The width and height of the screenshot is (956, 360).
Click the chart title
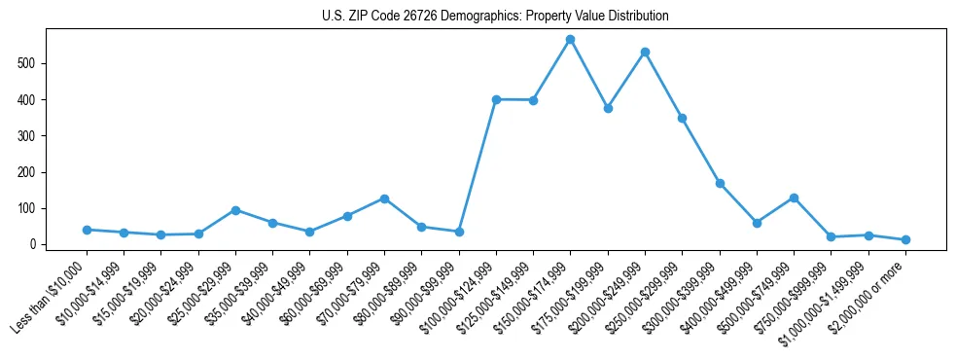[x=495, y=17]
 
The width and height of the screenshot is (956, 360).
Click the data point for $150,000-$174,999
[x=571, y=40]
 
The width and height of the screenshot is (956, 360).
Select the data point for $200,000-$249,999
[x=645, y=52]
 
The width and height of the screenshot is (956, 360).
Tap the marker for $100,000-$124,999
[x=496, y=99]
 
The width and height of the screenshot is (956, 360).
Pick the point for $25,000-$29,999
[x=235, y=210]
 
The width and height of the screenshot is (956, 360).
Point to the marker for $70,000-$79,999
[x=384, y=198]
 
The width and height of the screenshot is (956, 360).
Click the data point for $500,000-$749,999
[x=794, y=198]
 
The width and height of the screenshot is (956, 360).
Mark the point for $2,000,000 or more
[x=905, y=239]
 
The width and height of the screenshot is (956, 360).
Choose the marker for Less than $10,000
[x=87, y=230]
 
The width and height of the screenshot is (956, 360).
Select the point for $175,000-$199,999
[x=608, y=108]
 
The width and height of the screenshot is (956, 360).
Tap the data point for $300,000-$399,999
[x=720, y=183]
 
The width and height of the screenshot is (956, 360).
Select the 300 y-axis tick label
[x=33, y=136]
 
